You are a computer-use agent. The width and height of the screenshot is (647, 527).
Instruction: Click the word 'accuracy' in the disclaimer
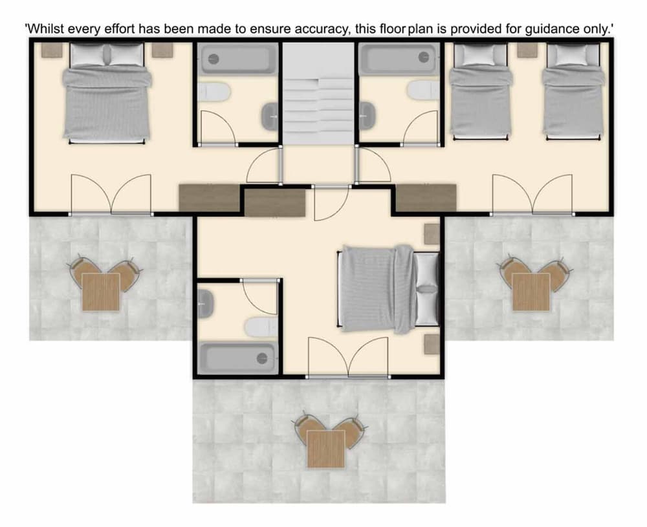321,30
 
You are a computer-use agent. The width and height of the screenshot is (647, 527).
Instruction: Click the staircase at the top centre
318,94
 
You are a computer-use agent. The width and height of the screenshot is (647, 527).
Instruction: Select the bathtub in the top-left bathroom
237,59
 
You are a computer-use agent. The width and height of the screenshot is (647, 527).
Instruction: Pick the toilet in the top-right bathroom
423,90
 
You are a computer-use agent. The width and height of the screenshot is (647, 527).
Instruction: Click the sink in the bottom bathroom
206,303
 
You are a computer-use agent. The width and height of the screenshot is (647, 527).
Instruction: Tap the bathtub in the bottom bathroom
237,358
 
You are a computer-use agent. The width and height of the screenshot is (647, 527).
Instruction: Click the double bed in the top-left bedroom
107,93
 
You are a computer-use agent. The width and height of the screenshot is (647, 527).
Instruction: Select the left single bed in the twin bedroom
480,91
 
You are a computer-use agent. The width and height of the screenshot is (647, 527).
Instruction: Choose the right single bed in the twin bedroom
573,91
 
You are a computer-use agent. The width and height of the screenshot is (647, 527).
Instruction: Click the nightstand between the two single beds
527,50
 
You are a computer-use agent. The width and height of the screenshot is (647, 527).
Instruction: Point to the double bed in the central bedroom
388,289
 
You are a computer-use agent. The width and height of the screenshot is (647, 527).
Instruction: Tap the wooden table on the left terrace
101,292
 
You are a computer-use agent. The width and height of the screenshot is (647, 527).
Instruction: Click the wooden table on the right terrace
531,292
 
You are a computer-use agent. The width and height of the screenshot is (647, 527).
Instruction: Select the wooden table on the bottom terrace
326,449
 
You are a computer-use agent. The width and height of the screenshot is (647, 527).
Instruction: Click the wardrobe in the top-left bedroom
210,198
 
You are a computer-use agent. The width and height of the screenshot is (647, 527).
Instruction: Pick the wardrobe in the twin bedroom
426,198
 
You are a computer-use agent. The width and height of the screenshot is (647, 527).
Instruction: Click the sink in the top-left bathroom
270,116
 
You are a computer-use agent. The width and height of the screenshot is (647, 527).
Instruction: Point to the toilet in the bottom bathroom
261,327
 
